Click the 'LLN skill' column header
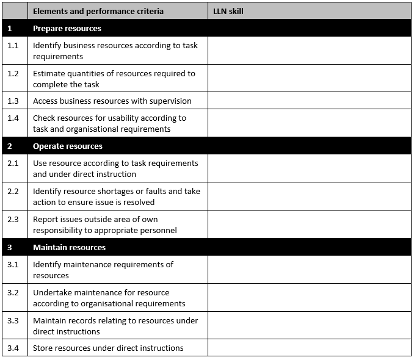228,11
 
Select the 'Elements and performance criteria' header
98,11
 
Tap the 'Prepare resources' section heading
67,28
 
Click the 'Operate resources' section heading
68,146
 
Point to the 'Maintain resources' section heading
69,248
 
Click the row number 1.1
13,45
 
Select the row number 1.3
13,101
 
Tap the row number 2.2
13,191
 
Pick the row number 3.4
13,348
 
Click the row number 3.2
13,292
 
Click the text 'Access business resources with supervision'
112,101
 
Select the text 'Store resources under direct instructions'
108,348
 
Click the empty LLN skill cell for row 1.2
309,79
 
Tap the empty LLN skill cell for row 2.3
309,225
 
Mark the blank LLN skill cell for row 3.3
309,326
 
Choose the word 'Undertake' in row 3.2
52,293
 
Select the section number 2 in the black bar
10,146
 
